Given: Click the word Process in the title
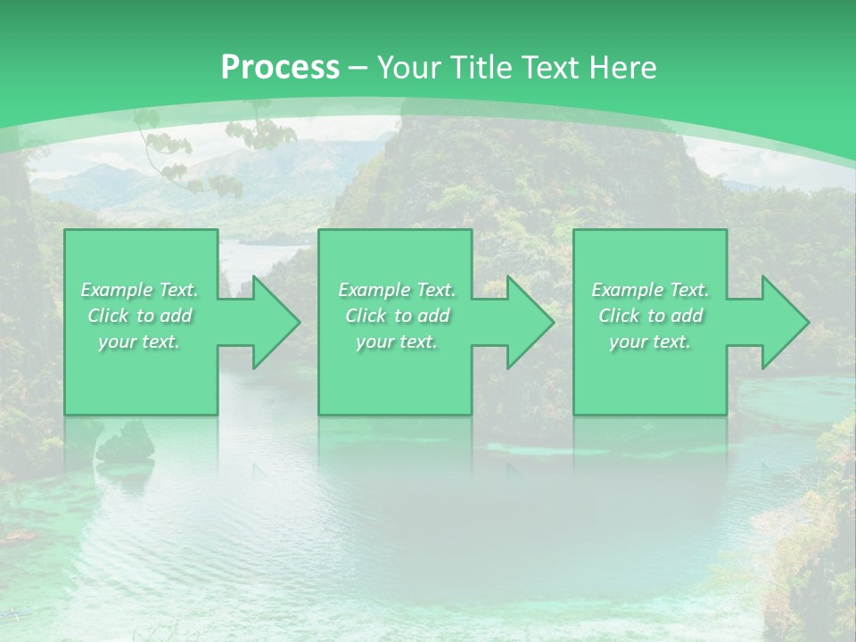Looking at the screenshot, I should click(280, 68).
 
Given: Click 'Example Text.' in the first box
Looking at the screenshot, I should click(140, 290).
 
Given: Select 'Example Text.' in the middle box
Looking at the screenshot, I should click(397, 290).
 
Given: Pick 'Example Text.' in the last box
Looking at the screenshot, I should click(650, 290).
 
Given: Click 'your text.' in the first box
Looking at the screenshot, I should click(139, 342).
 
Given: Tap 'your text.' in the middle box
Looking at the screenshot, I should click(396, 342).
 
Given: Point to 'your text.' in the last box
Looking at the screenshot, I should click(650, 342).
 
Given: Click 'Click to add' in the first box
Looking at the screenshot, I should click(140, 316).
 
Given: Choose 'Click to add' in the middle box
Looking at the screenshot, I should click(397, 316).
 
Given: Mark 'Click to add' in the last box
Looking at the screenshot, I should click(650, 316).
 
